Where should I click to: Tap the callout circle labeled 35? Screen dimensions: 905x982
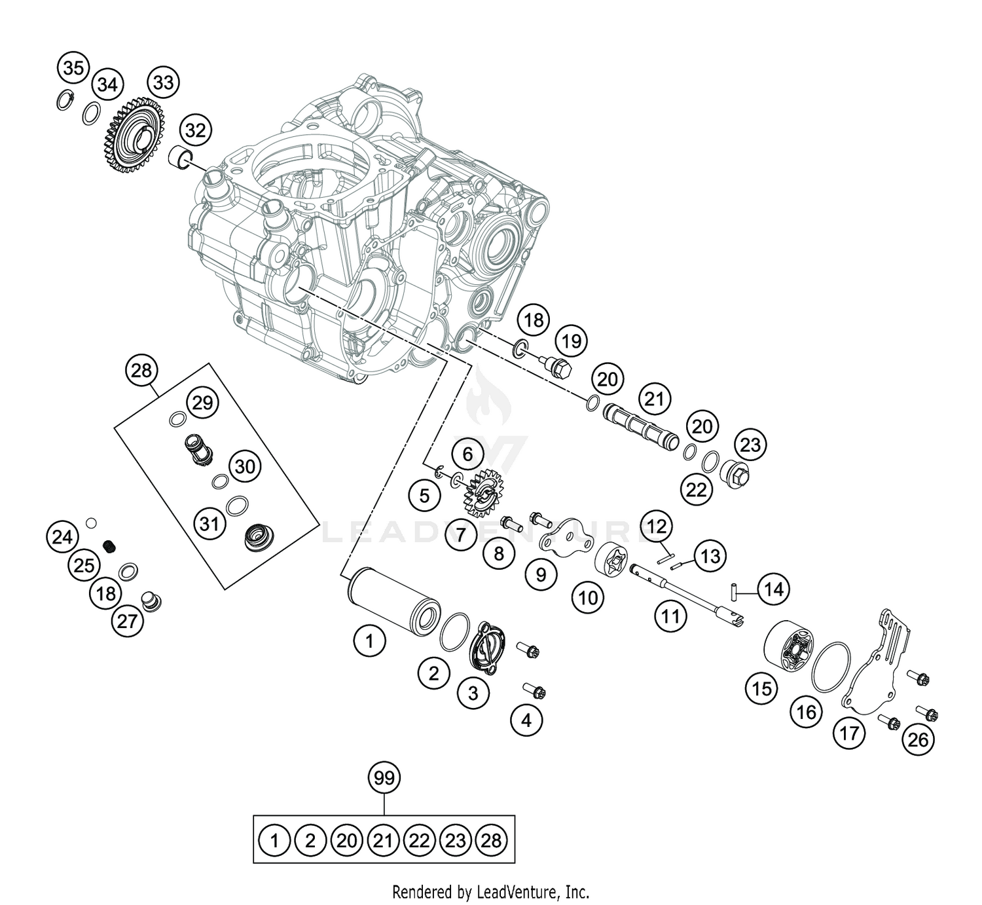(74, 68)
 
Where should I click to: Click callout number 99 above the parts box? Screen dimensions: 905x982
(384, 778)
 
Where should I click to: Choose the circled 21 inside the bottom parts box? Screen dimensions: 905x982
(383, 840)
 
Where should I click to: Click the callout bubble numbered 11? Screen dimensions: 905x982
(670, 616)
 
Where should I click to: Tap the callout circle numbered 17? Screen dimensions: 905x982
(849, 733)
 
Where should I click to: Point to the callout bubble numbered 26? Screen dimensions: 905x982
(918, 739)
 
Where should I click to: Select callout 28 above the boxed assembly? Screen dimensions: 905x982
(141, 371)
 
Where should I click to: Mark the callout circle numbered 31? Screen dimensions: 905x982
(209, 523)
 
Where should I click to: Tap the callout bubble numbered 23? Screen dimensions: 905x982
(750, 445)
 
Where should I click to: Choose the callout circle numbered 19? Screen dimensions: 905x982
(572, 341)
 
